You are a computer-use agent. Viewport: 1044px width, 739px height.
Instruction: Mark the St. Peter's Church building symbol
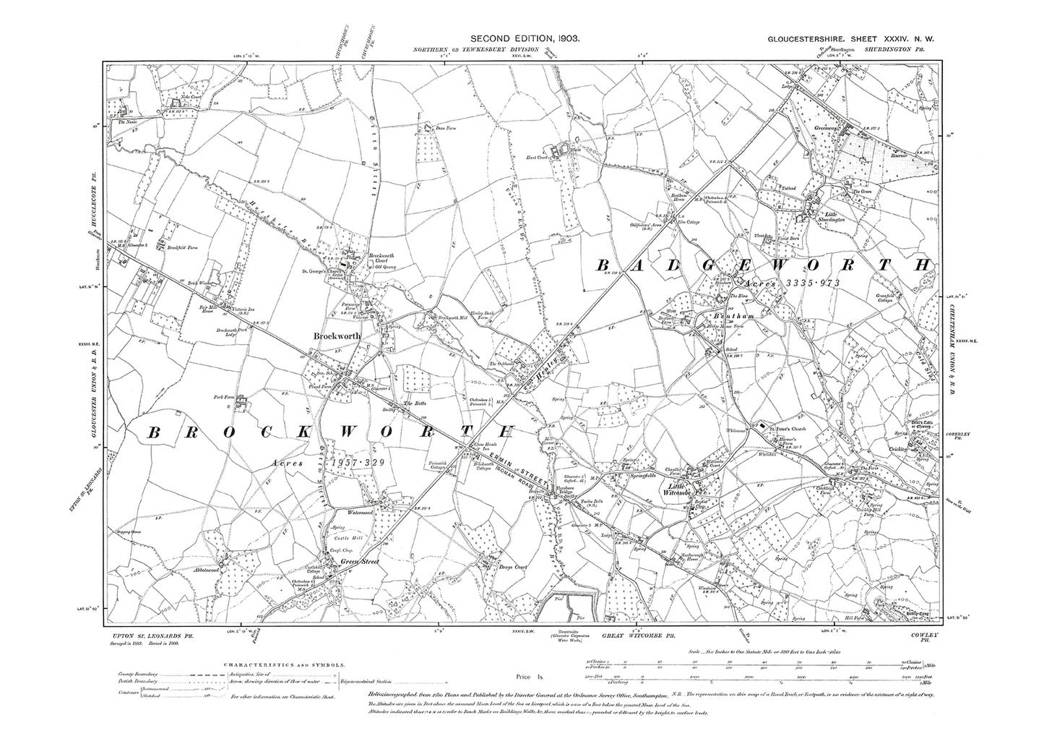click(759, 427)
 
